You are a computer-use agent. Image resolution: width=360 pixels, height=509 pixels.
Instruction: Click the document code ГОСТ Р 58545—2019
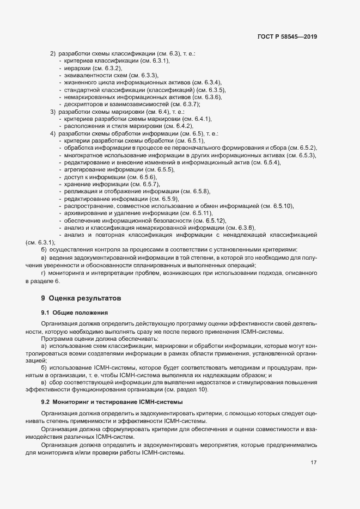pos(287,37)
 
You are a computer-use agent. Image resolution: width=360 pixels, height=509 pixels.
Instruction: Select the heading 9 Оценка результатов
pos(81,298)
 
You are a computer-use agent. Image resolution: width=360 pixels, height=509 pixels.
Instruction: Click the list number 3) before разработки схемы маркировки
pos(53,112)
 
